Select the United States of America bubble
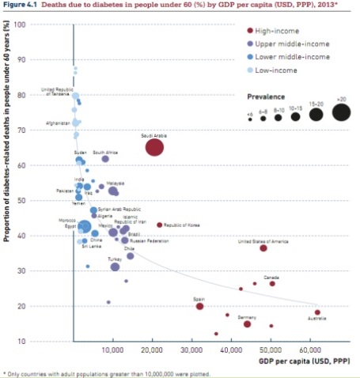(263, 248)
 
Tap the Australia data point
(317, 312)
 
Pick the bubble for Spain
(200, 306)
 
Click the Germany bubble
(248, 323)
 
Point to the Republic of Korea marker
(159, 225)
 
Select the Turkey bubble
(115, 266)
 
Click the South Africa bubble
(105, 159)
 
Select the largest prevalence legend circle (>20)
(341, 113)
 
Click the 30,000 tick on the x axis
(192, 350)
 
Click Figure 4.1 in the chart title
(21, 6)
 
